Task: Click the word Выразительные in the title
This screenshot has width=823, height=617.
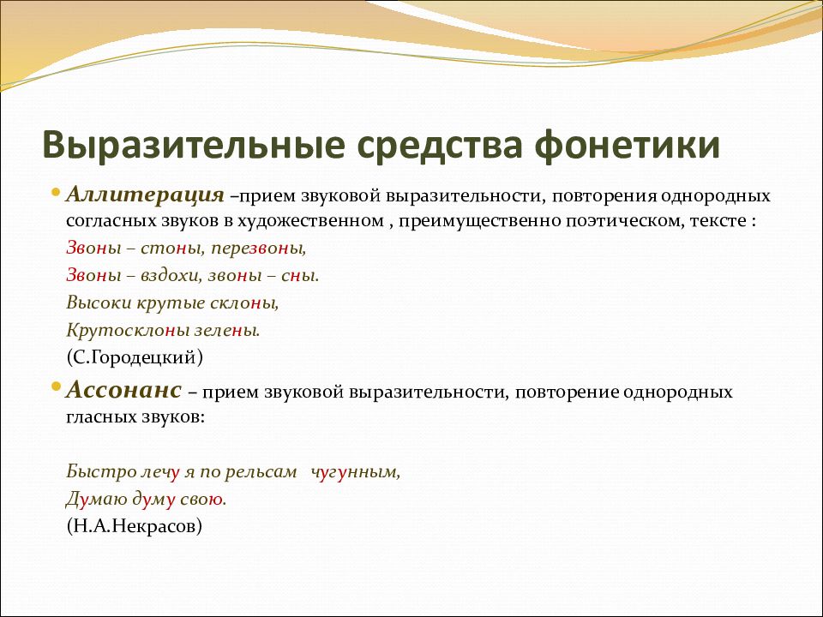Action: tap(193, 146)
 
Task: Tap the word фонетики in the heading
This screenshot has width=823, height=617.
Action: tap(627, 146)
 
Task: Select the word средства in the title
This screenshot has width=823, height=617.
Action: tap(439, 146)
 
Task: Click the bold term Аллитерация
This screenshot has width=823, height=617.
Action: tap(146, 195)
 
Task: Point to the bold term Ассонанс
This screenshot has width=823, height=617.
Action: tap(123, 391)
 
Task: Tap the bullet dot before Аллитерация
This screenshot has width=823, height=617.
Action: tap(57, 192)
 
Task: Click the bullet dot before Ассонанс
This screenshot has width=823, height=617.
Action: tap(57, 387)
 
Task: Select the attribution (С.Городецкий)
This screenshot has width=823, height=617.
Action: tap(135, 357)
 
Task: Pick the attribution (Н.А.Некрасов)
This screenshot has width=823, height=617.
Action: tap(134, 525)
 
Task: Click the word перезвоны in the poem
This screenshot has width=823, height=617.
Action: tap(258, 249)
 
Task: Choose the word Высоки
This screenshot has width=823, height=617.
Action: tap(99, 303)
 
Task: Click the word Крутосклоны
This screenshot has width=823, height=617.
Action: tap(128, 331)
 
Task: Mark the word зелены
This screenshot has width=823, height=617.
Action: tap(227, 331)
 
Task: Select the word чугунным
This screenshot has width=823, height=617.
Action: tap(355, 472)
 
